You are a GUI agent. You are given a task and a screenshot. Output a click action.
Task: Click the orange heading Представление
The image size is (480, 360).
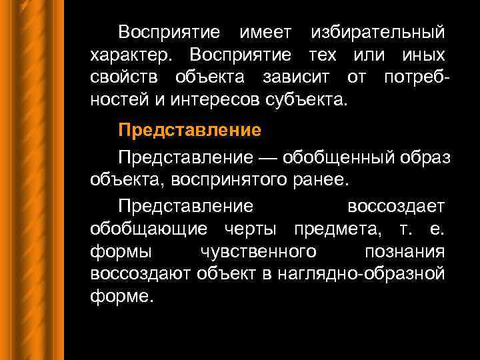189,130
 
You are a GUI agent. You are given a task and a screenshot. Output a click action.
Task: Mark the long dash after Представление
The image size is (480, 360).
268,158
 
